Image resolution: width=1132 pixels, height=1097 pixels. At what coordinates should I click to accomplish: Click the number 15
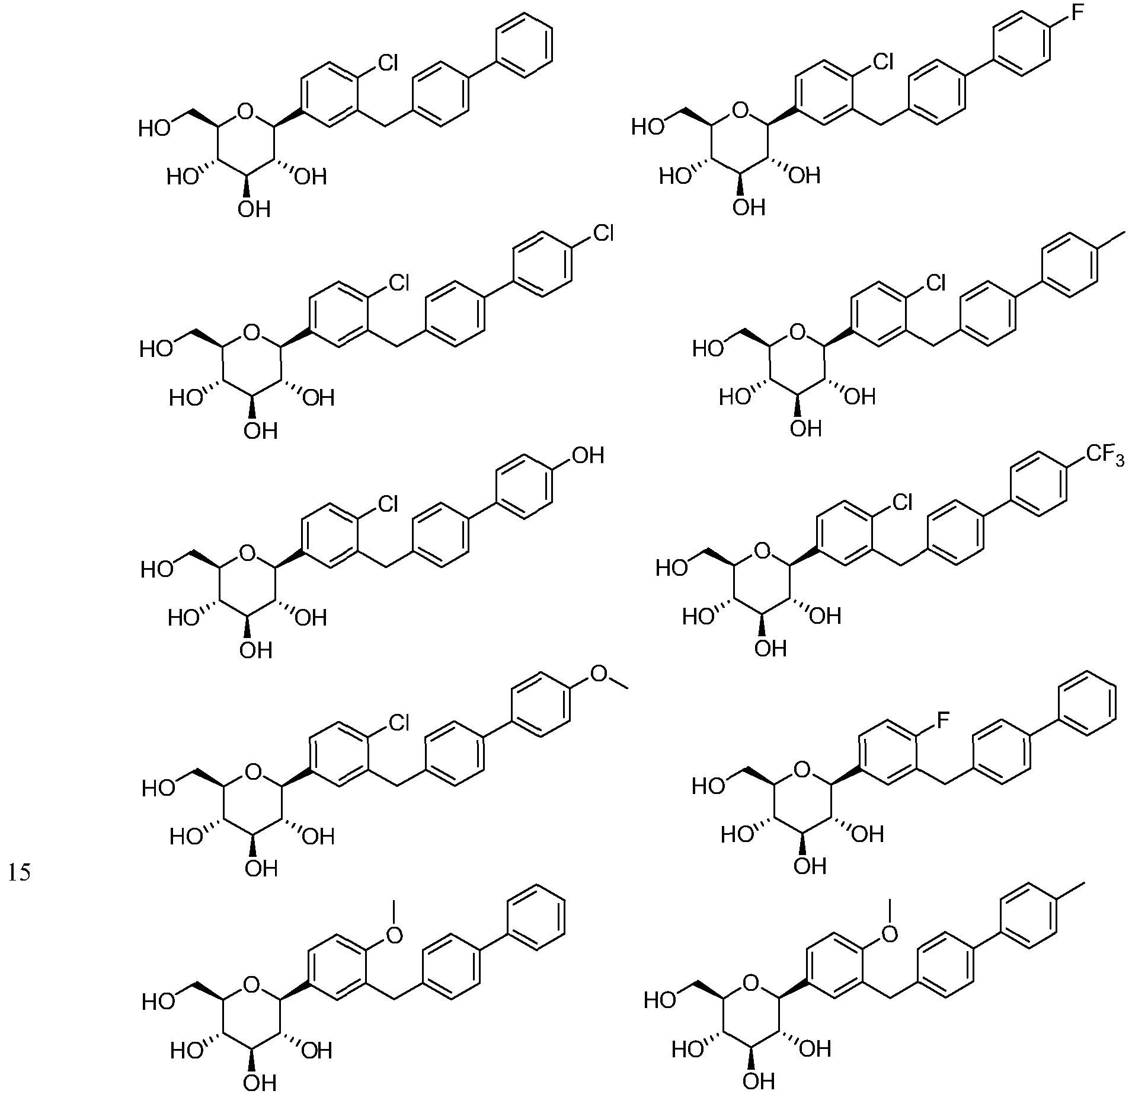[20, 874]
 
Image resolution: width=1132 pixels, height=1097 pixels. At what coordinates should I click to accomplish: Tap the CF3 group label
[1105, 457]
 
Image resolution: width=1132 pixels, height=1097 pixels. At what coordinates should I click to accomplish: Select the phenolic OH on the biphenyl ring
[587, 455]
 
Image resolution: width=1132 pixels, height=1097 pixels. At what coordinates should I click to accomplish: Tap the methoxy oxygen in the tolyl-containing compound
[889, 936]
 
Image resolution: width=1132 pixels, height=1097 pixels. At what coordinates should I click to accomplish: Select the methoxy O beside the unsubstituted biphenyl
[394, 936]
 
